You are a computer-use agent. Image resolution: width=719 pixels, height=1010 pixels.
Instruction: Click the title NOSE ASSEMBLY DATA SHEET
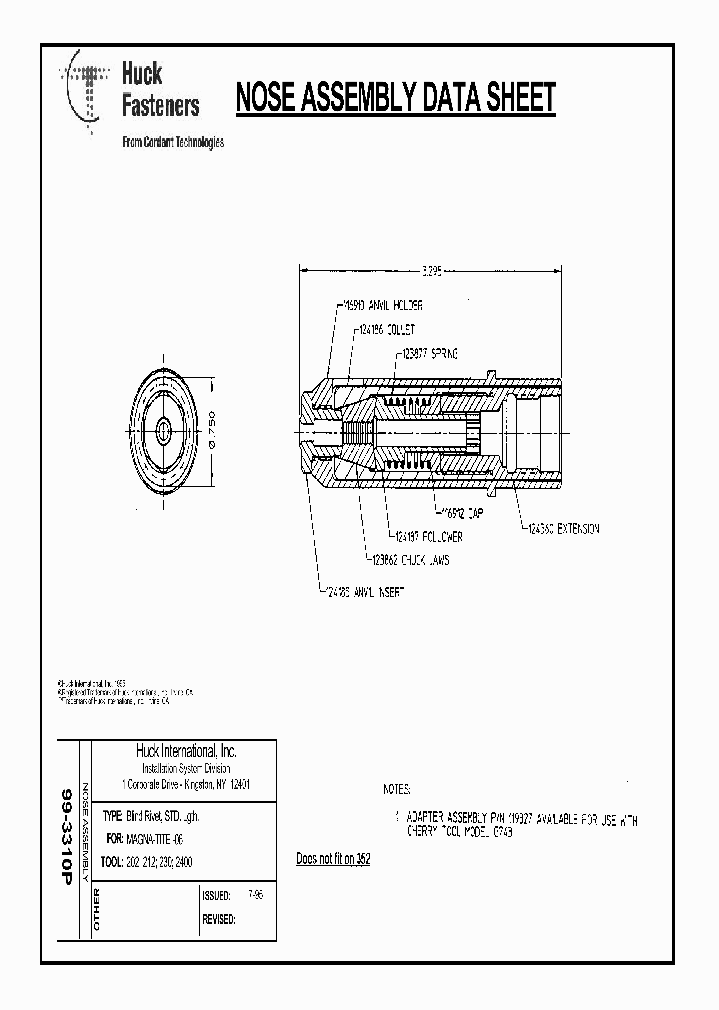[394, 98]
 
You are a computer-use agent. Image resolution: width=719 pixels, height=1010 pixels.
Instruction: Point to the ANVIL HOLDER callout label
[378, 306]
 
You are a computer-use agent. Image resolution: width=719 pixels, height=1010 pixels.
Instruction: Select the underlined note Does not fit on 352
[334, 858]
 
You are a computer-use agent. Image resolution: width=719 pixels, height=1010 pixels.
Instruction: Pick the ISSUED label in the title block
[217, 896]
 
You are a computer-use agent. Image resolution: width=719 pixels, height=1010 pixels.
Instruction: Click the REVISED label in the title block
[219, 919]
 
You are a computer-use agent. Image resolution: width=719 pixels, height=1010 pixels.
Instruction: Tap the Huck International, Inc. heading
[185, 751]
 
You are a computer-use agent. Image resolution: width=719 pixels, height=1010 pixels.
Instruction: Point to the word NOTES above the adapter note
[402, 789]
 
